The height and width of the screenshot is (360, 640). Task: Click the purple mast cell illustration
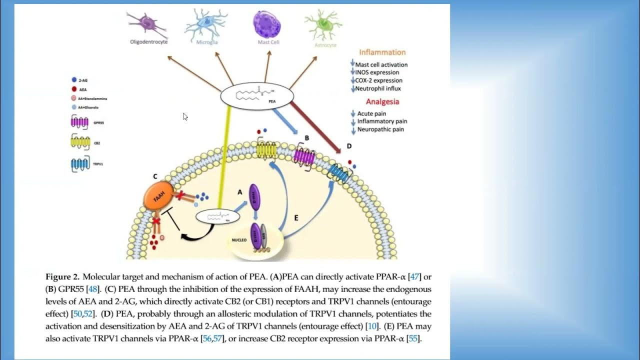pos(268,23)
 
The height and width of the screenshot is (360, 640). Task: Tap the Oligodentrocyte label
pos(148,42)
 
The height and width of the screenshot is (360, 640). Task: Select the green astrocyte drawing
pos(320,23)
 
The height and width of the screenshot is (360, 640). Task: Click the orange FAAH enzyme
pos(156,195)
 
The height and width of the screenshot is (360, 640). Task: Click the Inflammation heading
pos(382,52)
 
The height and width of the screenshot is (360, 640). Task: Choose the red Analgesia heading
pos(382,101)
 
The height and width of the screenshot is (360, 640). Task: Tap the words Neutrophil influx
pos(378,88)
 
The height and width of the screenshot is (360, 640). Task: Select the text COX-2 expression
pos(378,80)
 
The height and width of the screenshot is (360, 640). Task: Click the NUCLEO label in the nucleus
pos(239,240)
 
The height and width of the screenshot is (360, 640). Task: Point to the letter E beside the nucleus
pos(296,218)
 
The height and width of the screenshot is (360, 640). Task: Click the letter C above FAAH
pos(155,176)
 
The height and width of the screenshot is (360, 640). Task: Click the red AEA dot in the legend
pos(74,89)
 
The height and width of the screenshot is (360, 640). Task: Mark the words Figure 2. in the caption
pos(62,276)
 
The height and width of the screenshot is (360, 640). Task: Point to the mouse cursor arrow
pos(185,116)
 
